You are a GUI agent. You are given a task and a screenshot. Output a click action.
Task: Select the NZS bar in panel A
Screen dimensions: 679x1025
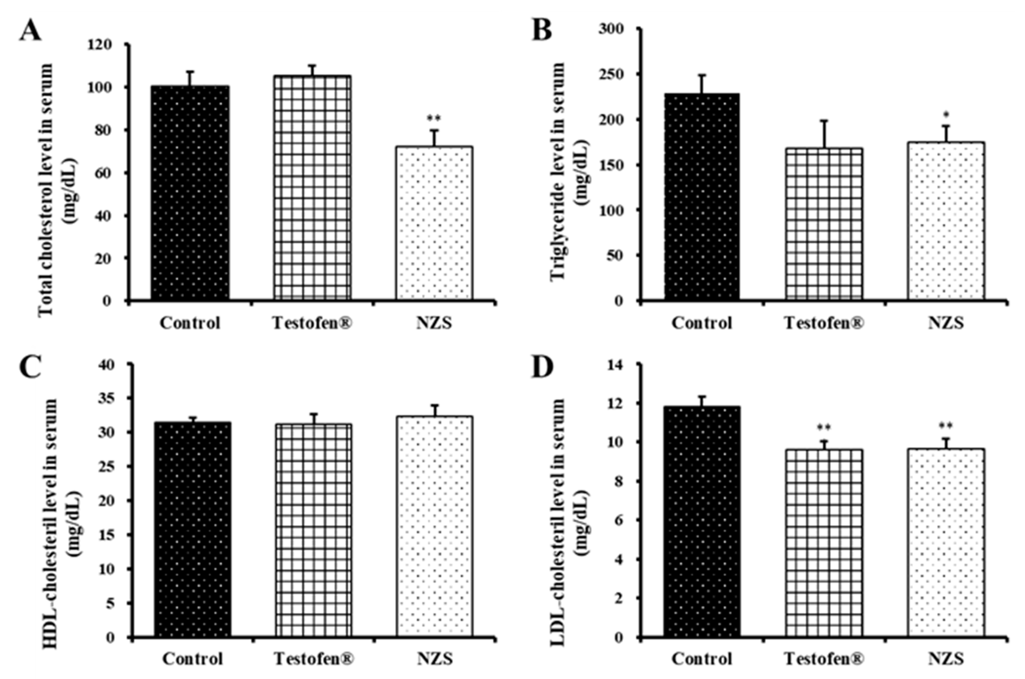pyautogui.click(x=434, y=223)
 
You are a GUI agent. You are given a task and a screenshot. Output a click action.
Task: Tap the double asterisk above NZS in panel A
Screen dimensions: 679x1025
pyautogui.click(x=434, y=118)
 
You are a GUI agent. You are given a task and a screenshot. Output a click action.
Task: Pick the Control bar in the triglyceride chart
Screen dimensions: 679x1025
pyautogui.click(x=702, y=197)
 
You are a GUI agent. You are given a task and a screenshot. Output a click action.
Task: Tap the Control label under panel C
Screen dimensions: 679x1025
pyautogui.click(x=193, y=658)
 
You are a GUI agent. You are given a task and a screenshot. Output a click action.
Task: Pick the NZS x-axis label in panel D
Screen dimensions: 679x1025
pyautogui.click(x=946, y=658)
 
